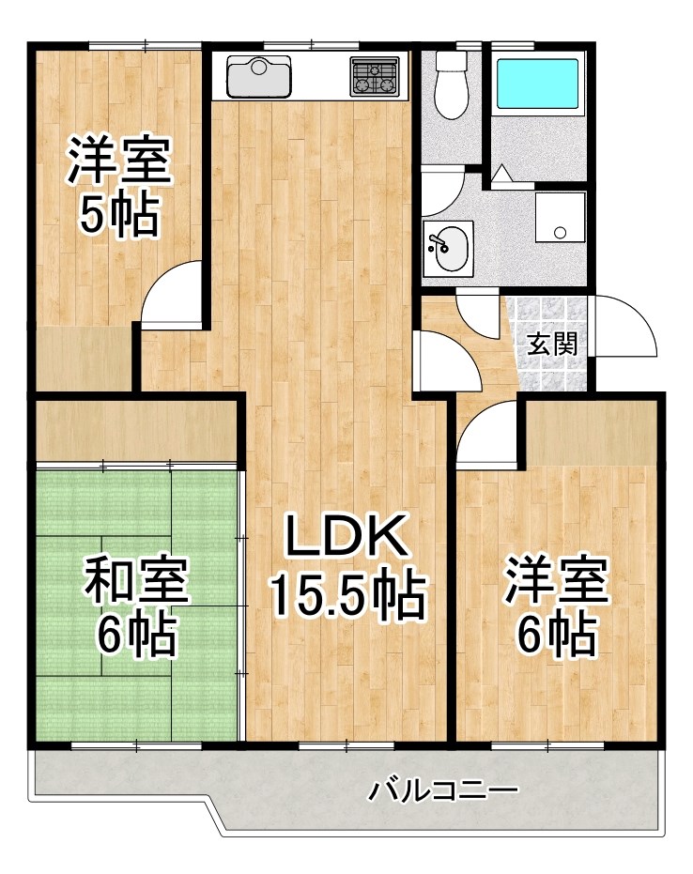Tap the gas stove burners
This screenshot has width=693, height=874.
pos(376,76)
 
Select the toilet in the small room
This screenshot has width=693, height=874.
pos(452,86)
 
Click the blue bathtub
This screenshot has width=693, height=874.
pos(537,84)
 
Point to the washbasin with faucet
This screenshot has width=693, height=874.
pos(446,248)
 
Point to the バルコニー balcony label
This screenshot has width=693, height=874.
pos(442,791)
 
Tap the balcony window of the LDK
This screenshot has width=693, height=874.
pos(346,745)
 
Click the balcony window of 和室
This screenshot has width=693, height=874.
pos(137,745)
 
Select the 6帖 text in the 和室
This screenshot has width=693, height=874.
pos(137,636)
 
